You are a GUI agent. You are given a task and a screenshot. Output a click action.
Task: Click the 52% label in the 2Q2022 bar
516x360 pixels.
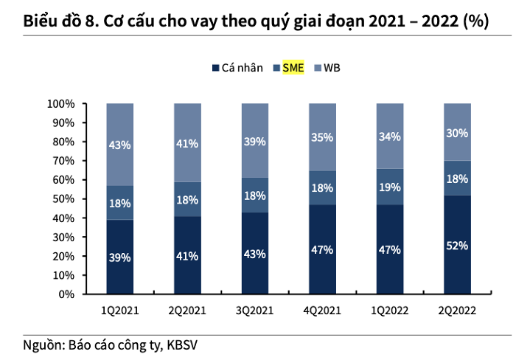click(457, 246)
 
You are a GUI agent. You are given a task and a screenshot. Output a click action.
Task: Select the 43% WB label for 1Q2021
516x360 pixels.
click(119, 145)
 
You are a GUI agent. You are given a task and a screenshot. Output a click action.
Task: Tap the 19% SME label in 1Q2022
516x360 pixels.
click(389, 188)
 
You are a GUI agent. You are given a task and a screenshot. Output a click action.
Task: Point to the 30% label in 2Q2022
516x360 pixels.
click(457, 133)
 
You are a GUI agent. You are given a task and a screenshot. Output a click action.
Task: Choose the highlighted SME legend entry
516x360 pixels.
click(294, 68)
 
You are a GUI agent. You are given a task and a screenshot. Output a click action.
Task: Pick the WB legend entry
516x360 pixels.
click(332, 68)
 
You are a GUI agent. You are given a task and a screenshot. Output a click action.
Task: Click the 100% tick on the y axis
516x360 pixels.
click(61, 103)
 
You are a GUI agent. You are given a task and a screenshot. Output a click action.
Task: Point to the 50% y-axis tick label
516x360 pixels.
click(64, 198)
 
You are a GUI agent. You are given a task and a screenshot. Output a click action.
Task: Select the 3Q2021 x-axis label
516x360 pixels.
click(254, 311)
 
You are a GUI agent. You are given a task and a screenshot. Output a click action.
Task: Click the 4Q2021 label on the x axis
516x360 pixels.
click(322, 311)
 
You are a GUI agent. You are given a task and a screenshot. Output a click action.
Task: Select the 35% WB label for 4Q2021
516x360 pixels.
click(322, 137)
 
